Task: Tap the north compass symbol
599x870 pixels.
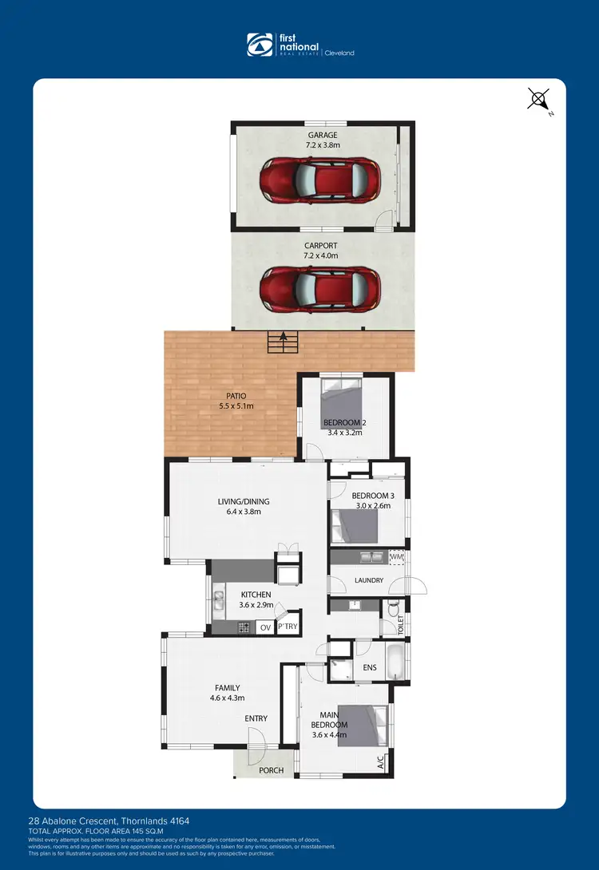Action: (539, 101)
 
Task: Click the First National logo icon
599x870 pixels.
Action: (260, 45)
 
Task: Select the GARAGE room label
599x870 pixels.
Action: (322, 136)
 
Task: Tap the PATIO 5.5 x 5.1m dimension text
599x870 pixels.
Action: (236, 406)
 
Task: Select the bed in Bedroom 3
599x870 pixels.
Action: (355, 526)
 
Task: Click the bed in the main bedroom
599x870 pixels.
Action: (363, 726)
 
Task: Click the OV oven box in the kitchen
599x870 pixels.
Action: (266, 627)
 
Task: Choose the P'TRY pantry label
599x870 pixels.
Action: (288, 627)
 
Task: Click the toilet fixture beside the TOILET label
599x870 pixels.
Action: (391, 613)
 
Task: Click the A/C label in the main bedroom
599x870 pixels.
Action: (381, 761)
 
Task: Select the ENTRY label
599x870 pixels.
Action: (256, 718)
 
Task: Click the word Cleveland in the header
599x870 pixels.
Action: (340, 53)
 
